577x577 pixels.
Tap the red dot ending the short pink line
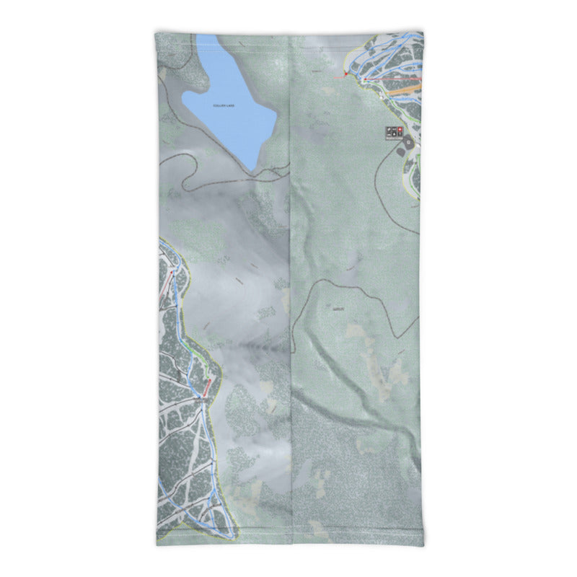click(346, 74)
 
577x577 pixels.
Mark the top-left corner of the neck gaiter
click(157, 32)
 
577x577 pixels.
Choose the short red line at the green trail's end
click(208, 388)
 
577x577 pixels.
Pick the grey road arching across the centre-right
click(339, 285)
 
